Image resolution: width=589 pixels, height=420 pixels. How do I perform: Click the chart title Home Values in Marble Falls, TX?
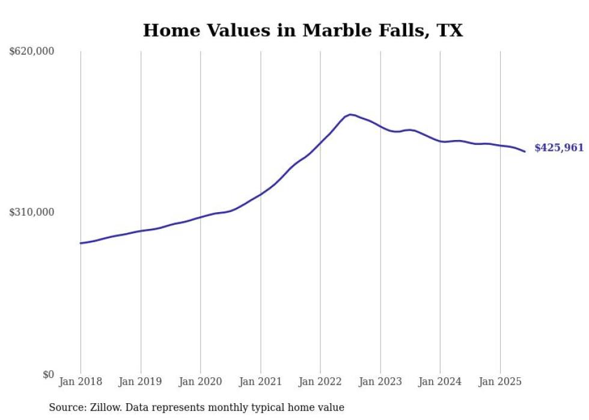[x=303, y=31]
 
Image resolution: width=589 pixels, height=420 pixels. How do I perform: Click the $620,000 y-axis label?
[x=32, y=52]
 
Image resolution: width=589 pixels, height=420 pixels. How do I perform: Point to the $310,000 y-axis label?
[x=32, y=212]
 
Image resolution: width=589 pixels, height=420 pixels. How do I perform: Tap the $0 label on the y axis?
[x=48, y=374]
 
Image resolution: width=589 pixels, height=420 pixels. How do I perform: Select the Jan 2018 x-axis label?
[x=81, y=382]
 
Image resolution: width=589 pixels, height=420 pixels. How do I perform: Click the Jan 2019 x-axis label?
[x=141, y=382]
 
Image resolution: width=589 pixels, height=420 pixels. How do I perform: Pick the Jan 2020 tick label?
[x=201, y=382]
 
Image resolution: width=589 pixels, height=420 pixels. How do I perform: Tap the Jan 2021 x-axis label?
[x=260, y=382]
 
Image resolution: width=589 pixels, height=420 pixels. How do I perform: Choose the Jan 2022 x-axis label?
[x=320, y=382]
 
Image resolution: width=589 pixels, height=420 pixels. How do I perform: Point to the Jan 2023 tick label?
[x=380, y=382]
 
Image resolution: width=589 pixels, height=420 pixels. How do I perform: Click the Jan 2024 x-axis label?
[x=440, y=382]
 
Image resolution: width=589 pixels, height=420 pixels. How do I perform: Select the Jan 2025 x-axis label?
[x=500, y=382]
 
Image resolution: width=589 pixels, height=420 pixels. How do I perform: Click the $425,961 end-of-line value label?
[x=558, y=148]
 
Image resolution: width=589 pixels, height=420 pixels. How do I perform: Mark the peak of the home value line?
[x=350, y=114]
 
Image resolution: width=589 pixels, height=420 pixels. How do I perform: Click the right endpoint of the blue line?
[x=525, y=151]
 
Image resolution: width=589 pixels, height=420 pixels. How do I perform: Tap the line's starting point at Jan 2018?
[x=81, y=243]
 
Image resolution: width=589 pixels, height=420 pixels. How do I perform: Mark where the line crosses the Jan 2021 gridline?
[x=260, y=194]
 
